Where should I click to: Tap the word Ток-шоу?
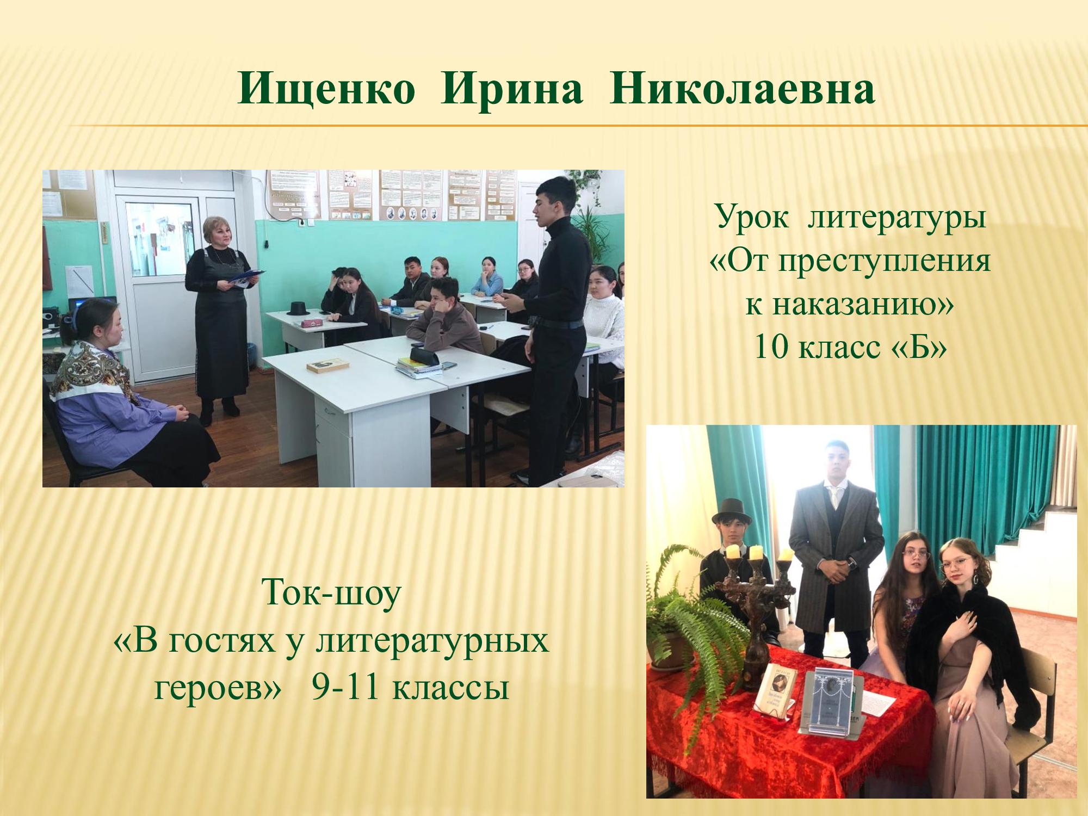(x=331, y=594)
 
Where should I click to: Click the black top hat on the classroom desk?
(x=298, y=308)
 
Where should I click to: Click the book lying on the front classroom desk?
(x=327, y=365)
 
